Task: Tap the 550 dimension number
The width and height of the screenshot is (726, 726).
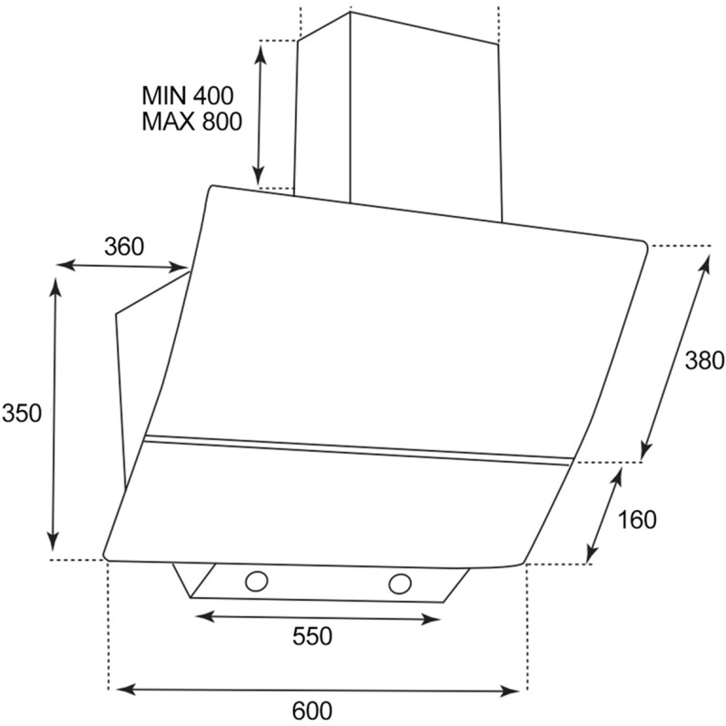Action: pos(312,636)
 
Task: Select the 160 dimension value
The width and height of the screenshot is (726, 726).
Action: pos(637,519)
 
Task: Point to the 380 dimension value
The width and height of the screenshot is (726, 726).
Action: pos(704,360)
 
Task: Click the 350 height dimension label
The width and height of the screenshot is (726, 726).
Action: pos(22,413)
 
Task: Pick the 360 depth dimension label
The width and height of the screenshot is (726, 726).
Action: pos(124,246)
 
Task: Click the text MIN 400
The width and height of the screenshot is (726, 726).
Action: pos(188,96)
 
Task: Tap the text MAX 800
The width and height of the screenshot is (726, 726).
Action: pos(191,122)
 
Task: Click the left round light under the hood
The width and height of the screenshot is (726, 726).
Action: pos(257,581)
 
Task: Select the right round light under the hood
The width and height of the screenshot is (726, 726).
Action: pos(400,584)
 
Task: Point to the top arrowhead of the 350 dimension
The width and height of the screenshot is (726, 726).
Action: pos(56,287)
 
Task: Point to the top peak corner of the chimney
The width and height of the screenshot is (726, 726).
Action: pos(349,12)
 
